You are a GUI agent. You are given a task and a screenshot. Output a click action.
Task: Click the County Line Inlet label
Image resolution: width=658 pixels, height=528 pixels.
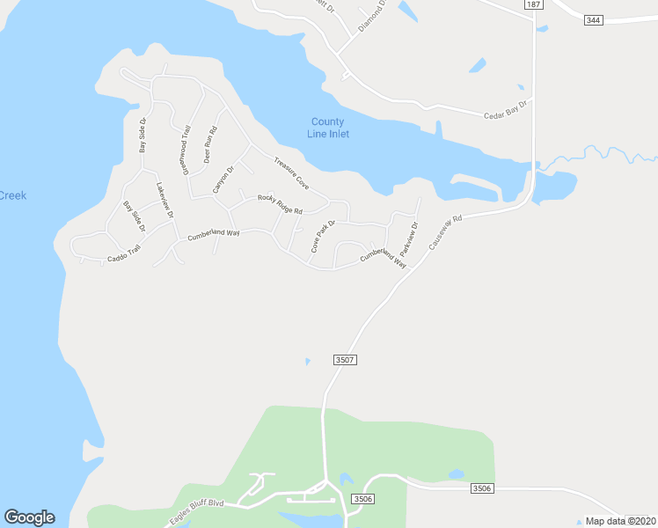pos(328,128)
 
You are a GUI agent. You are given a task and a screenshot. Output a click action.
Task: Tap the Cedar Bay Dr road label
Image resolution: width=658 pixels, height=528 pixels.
pos(505,110)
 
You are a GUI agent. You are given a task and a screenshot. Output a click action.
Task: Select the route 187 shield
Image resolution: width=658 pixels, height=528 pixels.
pos(532,4)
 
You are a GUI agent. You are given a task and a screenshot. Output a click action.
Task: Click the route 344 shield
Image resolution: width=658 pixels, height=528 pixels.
pos(594,19)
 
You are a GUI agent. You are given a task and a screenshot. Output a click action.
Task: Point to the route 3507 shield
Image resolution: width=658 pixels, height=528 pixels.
pos(345,360)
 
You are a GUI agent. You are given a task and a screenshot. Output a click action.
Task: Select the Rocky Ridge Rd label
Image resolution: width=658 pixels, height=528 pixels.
pos(280,204)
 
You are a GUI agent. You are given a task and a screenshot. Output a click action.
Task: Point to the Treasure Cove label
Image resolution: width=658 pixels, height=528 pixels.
pos(291,173)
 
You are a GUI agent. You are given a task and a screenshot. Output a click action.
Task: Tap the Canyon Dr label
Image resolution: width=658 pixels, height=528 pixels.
pos(223,180)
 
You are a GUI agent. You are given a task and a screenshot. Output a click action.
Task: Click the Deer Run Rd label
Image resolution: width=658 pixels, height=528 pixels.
pos(210,143)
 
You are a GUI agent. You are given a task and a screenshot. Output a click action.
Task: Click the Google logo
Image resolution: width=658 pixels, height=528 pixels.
pos(29,517)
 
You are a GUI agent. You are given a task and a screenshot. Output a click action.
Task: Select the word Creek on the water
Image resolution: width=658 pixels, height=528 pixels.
pos(12,194)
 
